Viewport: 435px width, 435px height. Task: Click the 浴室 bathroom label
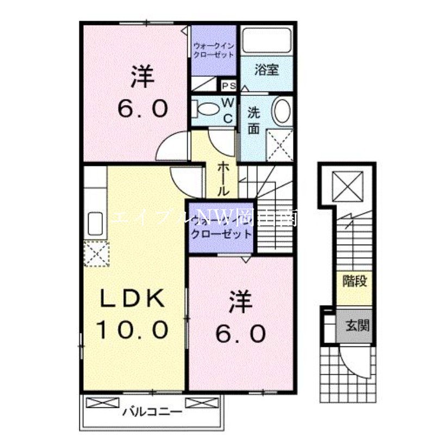tap(267, 70)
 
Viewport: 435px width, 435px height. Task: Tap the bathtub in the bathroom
tap(267, 41)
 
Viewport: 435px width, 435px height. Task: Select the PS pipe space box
tap(228, 85)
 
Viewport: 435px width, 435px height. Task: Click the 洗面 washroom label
tap(254, 121)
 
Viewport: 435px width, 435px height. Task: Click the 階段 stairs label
tap(353, 282)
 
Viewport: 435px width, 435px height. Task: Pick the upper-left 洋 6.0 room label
tap(142, 92)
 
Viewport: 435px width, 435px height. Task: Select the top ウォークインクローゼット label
tap(213, 50)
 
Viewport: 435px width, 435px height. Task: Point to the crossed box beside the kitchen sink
tap(97, 252)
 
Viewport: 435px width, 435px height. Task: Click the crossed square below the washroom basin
tap(281, 144)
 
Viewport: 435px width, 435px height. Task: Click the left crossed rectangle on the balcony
tap(102, 403)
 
